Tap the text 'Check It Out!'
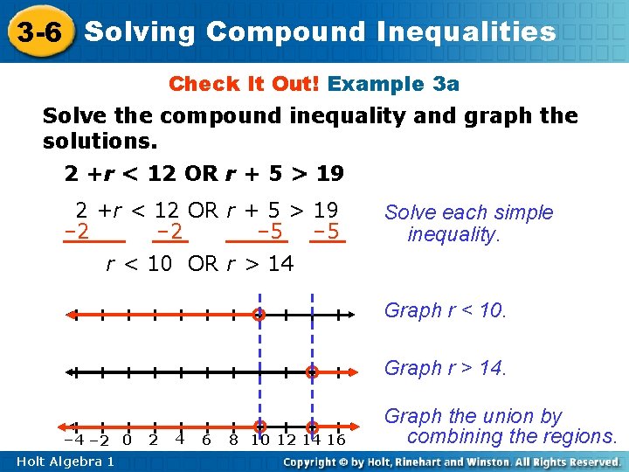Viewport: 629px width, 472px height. tap(245, 84)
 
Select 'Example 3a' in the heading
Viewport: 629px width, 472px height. tap(393, 84)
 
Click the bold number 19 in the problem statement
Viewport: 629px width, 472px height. tap(329, 174)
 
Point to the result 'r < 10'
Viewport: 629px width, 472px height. tap(139, 263)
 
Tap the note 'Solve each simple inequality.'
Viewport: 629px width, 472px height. tap(469, 223)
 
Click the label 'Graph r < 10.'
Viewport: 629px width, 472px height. tap(446, 310)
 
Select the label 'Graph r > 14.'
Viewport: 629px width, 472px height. tap(446, 368)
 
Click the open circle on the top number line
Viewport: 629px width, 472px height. tap(259, 316)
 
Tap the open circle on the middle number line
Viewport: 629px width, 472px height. tap(312, 372)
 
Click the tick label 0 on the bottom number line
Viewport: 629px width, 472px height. tap(127, 440)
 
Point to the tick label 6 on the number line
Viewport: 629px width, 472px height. tap(206, 440)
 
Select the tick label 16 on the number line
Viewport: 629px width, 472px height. tap(335, 440)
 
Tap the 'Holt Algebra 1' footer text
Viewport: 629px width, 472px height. tap(64, 462)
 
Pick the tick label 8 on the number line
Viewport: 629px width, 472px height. tap(233, 440)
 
